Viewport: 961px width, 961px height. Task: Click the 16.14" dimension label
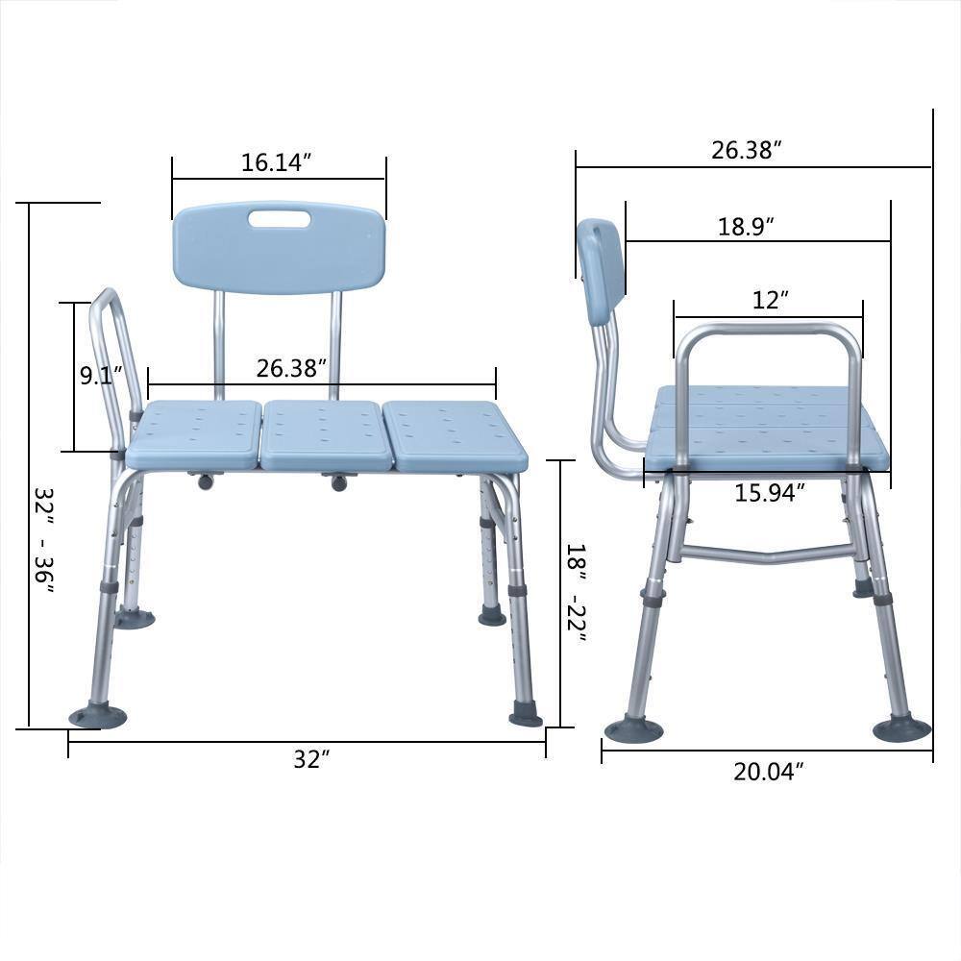278,162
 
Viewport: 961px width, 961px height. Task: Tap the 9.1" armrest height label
96,376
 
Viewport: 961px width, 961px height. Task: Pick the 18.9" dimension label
746,227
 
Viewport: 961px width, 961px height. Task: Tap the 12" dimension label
770,300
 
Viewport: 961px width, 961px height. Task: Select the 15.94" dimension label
769,493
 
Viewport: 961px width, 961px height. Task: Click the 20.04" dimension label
768,772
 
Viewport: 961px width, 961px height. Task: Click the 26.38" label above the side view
746,151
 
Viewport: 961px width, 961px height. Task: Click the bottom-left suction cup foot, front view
97,715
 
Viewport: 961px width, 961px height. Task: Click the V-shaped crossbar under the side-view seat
769,554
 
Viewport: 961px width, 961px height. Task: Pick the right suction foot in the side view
900,728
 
